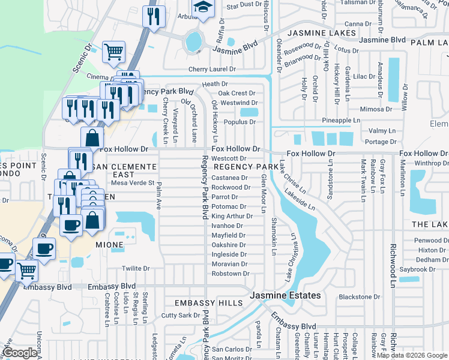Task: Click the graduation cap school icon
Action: pyautogui.click(x=203, y=8)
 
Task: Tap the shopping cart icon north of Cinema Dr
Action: pyautogui.click(x=113, y=51)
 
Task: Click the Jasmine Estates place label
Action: pyautogui.click(x=285, y=296)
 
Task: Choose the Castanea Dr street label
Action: pyautogui.click(x=230, y=178)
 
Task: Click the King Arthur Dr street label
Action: pyautogui.click(x=229, y=216)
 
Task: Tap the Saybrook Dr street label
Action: pyautogui.click(x=417, y=269)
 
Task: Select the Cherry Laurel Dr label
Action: pyautogui.click(x=212, y=70)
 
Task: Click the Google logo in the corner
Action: pyautogui.click(x=20, y=353)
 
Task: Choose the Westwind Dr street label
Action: pyautogui.click(x=238, y=103)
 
